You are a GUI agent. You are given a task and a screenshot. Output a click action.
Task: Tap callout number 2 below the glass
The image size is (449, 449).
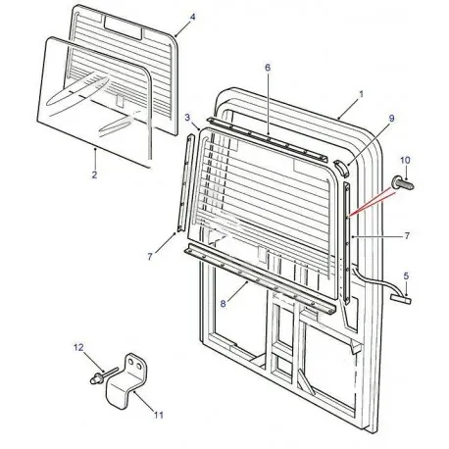[x=93, y=175]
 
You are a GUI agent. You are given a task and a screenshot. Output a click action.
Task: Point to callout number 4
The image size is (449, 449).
[x=192, y=19]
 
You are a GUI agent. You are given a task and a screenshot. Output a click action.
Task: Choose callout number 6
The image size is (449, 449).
[x=266, y=67]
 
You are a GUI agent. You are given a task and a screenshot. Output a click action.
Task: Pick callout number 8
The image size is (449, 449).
[x=224, y=305]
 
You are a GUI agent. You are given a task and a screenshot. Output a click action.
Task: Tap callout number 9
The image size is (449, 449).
[x=390, y=118]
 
